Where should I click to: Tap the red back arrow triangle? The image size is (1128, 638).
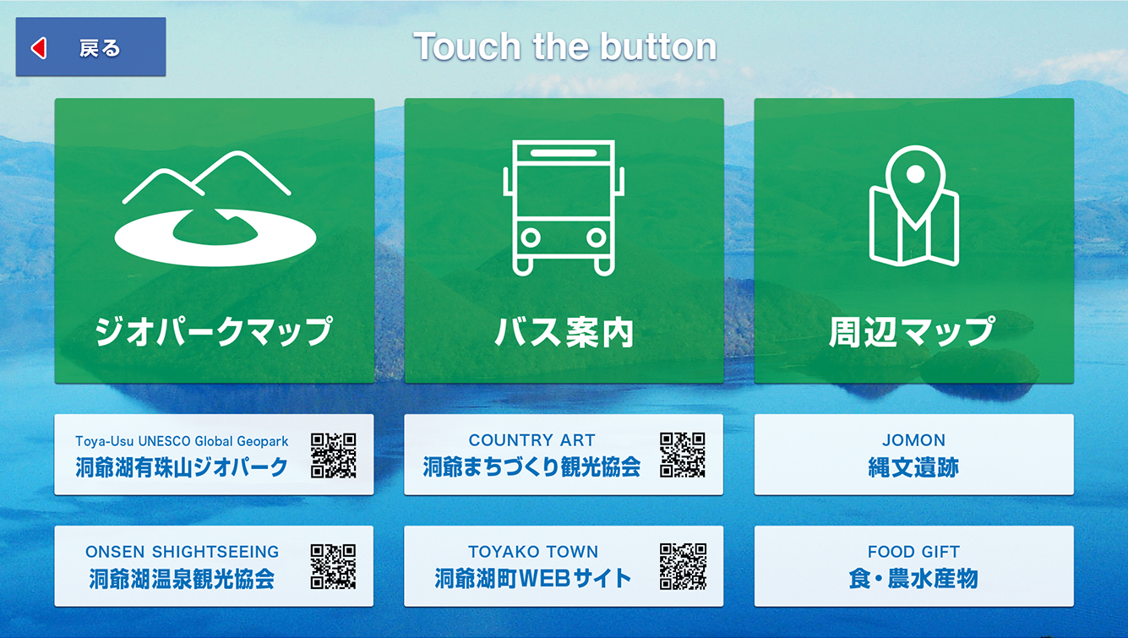[39, 48]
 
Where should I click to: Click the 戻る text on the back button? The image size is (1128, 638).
[100, 48]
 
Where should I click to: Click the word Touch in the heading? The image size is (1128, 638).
[466, 46]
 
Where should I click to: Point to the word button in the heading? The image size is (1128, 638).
[658, 46]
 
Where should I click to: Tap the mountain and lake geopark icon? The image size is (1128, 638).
[215, 208]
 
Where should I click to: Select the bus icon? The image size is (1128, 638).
[564, 208]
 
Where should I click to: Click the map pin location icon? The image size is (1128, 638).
[914, 205]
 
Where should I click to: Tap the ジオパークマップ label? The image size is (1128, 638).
[214, 331]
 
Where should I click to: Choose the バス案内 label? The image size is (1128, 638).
[564, 332]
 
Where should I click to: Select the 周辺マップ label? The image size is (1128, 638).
[913, 331]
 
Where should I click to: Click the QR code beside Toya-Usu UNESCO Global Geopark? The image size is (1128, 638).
[334, 455]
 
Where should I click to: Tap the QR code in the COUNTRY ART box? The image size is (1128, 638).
[683, 455]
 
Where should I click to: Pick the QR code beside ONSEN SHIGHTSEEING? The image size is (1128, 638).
[334, 566]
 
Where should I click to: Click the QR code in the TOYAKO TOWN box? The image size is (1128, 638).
[683, 566]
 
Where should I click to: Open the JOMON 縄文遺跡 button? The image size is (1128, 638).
[914, 455]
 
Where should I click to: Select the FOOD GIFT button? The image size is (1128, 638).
[914, 566]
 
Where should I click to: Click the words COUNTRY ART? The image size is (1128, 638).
[531, 440]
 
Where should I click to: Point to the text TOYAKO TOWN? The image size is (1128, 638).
[533, 552]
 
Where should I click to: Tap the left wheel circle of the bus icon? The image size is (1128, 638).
[531, 237]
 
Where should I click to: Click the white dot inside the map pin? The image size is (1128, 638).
[915, 175]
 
